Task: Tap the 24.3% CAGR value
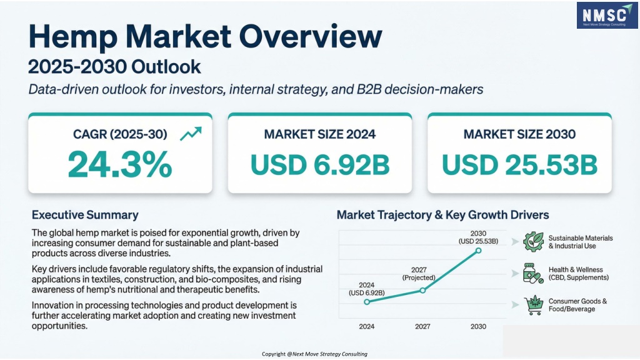click(119, 164)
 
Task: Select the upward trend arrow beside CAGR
click(190, 133)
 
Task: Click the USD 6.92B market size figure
click(319, 164)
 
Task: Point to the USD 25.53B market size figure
click(519, 164)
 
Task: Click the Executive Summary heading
click(85, 215)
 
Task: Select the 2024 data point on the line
click(367, 301)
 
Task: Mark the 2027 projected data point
click(423, 290)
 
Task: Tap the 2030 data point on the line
click(479, 250)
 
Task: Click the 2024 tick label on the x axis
click(367, 326)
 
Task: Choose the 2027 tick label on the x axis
click(423, 326)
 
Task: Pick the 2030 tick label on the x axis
click(479, 326)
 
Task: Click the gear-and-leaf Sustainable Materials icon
click(533, 242)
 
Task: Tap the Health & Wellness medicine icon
click(533, 273)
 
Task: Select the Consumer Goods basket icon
click(533, 305)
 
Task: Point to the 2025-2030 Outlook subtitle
click(115, 66)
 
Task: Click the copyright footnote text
click(314, 354)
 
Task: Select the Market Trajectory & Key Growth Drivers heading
click(442, 215)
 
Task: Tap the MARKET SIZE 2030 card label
click(519, 134)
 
